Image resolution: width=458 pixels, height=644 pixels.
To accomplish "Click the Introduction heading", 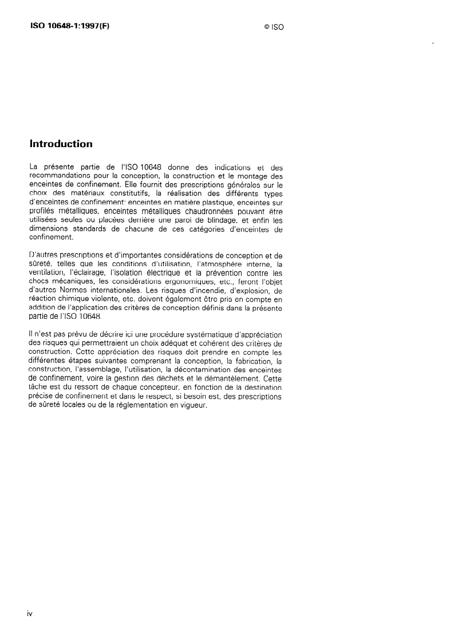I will point(61,144).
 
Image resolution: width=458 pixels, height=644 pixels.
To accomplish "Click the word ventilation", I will point(48,274).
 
